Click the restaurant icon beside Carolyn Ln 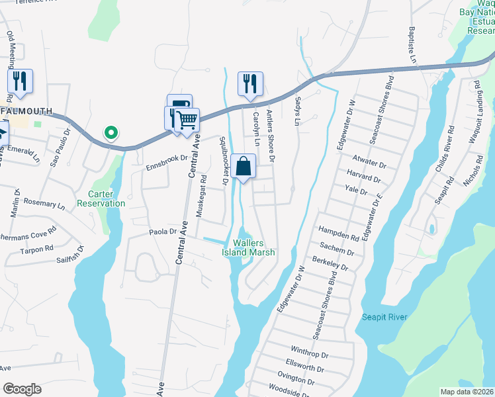(250, 83)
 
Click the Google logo (22, 389)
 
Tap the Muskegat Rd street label (201, 196)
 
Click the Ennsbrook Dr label (167, 159)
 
